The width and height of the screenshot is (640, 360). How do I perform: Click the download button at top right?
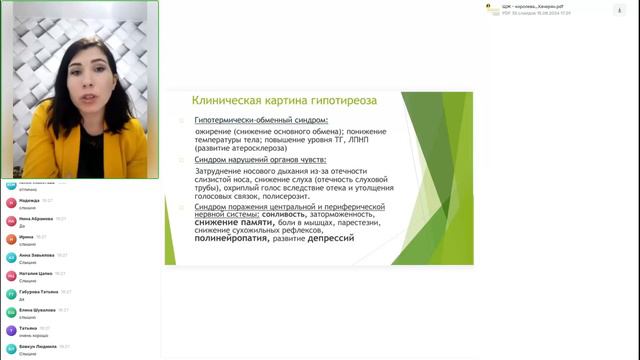tap(619, 9)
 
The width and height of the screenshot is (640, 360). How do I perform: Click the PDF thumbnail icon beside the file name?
tap(490, 9)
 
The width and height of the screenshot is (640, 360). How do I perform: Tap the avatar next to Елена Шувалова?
tap(11, 312)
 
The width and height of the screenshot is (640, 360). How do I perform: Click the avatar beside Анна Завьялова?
tap(11, 257)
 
